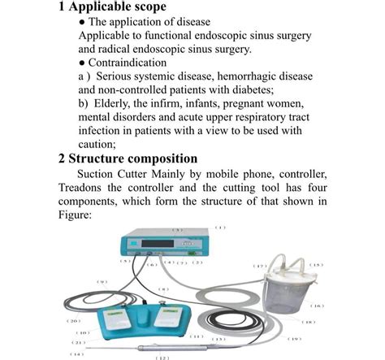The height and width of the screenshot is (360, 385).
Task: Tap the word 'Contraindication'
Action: (128, 63)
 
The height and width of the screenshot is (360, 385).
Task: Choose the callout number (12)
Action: (162, 357)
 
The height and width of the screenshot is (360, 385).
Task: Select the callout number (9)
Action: (102, 282)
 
